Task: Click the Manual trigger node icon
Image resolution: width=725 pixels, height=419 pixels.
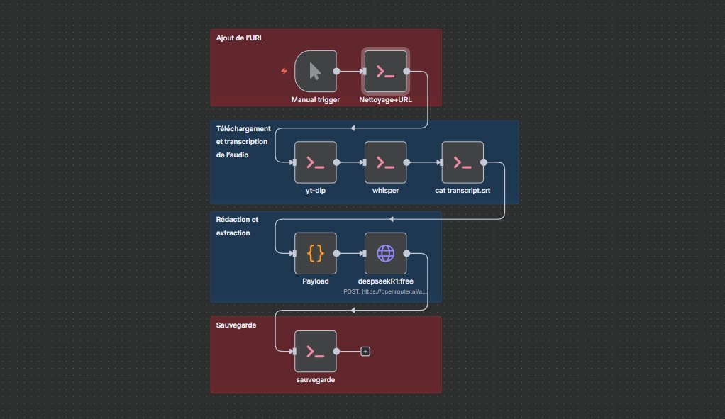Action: [x=315, y=71]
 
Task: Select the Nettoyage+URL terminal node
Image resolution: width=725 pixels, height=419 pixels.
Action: [x=385, y=71]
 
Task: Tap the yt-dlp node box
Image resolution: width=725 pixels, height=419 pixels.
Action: [x=315, y=162]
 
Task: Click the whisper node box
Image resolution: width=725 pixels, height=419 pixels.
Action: [x=385, y=162]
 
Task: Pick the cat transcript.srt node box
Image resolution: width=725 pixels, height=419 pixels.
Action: [x=463, y=162]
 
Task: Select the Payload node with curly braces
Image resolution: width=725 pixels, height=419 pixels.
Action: [x=315, y=253]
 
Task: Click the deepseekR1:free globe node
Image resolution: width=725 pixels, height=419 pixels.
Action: [x=385, y=253]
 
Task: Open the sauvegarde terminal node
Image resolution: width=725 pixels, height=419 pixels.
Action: [x=315, y=351]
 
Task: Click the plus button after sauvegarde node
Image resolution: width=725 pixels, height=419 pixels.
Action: [x=365, y=351]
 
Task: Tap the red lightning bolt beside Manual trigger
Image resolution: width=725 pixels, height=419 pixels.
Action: [x=284, y=71]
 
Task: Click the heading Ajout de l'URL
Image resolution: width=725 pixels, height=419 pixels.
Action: [x=240, y=37]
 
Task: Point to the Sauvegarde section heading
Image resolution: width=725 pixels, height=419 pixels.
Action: [x=236, y=325]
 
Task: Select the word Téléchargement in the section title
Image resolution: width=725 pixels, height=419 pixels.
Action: [x=243, y=128]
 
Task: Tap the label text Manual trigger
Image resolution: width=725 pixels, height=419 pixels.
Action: [x=315, y=99]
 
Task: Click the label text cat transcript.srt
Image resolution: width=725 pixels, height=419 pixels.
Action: [x=463, y=191]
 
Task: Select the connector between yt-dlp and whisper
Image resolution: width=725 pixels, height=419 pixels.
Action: [x=350, y=162]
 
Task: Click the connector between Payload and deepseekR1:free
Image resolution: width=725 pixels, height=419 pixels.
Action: [x=350, y=253]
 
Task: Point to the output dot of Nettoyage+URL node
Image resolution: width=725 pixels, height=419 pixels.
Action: [x=406, y=71]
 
